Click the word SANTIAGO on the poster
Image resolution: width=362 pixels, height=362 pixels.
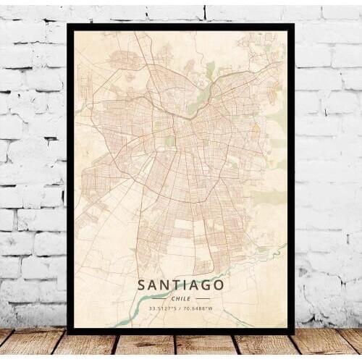click(x=180, y=285)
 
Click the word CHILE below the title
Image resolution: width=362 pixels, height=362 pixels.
click(x=181, y=298)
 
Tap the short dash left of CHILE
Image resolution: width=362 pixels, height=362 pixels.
click(x=159, y=298)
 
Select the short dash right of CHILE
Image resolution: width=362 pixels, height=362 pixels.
click(x=203, y=298)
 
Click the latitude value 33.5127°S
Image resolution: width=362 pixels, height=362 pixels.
click(x=163, y=308)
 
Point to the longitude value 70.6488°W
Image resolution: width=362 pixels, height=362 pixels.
click(x=200, y=308)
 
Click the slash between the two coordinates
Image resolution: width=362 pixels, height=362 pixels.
click(x=181, y=308)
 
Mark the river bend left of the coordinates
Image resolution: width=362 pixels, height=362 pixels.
click(x=130, y=316)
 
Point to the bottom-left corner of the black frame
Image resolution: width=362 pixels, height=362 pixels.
click(x=69, y=332)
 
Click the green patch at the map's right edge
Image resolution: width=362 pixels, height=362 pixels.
click(x=279, y=119)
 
